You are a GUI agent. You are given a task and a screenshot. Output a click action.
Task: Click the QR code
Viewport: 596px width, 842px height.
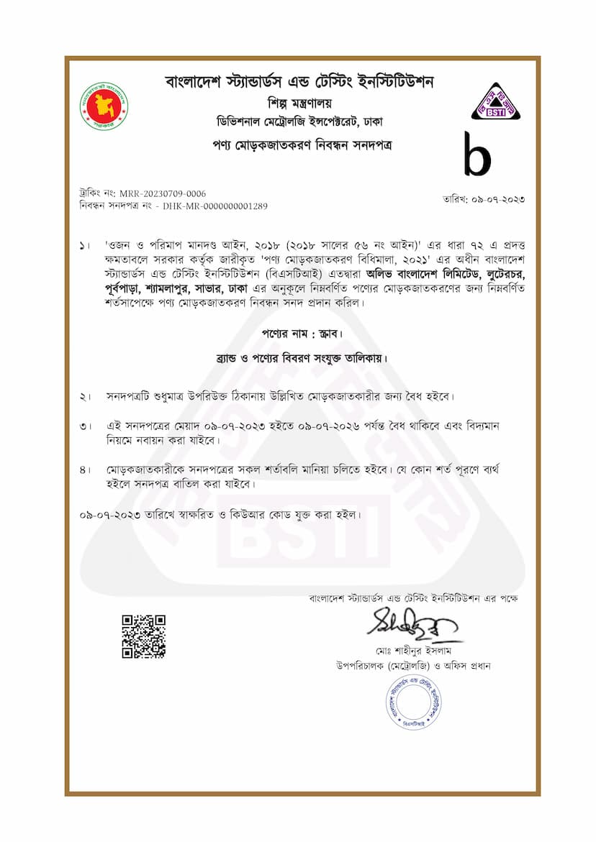[143, 636]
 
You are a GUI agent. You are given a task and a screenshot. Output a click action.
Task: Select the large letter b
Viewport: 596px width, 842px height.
[477, 155]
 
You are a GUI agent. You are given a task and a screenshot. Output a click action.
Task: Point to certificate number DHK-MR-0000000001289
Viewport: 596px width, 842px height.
[215, 206]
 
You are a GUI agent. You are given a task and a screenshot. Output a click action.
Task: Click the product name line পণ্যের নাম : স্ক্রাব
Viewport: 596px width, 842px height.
[298, 334]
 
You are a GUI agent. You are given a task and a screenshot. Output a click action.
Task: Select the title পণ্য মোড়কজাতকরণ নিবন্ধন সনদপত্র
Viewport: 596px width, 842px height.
[298, 145]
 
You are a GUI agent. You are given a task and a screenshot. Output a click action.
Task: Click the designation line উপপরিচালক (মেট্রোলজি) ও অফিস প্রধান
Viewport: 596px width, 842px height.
[412, 666]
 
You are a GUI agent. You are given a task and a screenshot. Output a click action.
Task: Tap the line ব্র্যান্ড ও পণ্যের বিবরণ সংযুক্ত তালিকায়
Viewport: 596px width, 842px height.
[298, 357]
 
